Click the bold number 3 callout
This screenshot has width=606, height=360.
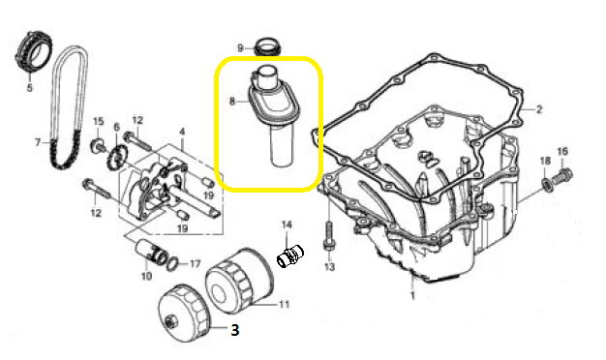point(234,329)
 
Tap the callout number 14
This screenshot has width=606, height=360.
point(287,225)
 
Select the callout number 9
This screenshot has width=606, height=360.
point(240,48)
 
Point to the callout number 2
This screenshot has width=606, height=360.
point(539,109)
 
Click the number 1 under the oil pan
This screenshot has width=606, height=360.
point(412,296)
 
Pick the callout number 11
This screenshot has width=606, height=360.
point(284,305)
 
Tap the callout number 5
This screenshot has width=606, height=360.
point(30,88)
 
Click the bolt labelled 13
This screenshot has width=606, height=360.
point(328,235)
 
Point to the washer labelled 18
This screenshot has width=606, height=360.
point(546,184)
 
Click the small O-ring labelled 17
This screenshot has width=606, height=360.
point(174,264)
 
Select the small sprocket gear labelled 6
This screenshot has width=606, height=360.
point(114,157)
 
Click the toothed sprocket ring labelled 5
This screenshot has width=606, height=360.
point(34,51)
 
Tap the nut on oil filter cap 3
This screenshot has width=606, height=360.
point(170,321)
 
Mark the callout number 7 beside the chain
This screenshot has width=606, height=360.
point(38,143)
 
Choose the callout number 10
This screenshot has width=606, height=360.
point(146,276)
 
